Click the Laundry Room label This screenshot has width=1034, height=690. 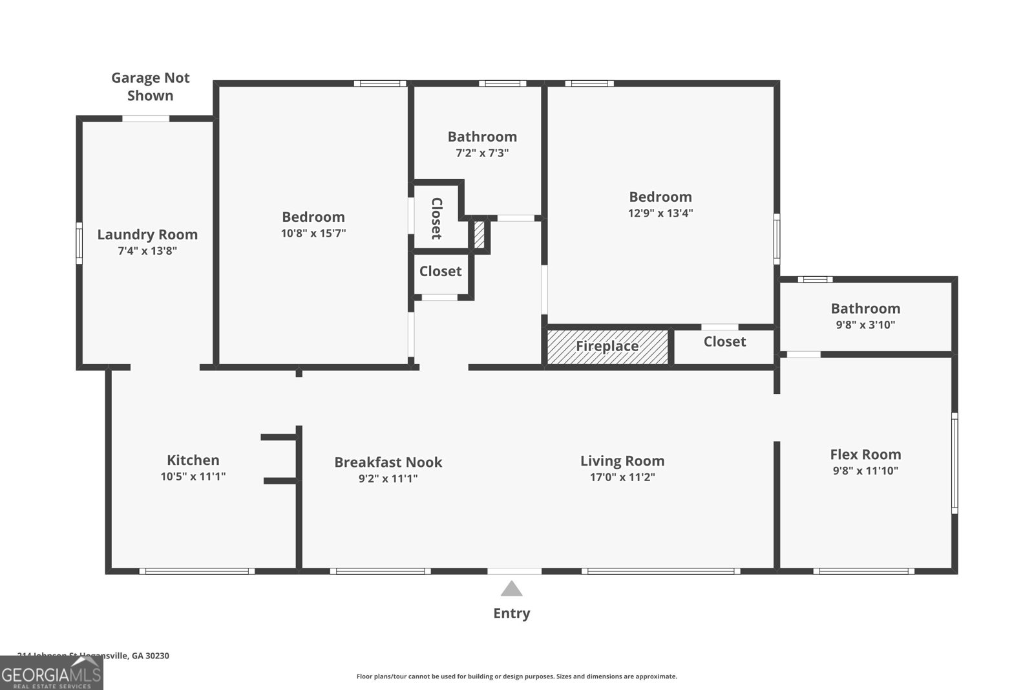click(147, 235)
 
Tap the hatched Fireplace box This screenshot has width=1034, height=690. click(607, 347)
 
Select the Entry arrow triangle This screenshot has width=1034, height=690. click(511, 588)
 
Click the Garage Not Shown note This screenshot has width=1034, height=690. click(150, 87)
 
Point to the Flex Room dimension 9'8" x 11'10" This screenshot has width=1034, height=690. click(865, 471)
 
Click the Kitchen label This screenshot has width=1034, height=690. click(193, 460)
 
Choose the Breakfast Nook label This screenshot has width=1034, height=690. click(388, 462)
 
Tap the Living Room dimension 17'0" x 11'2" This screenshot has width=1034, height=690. click(622, 477)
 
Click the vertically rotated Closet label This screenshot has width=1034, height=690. click(437, 219)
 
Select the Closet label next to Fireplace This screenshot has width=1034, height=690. click(724, 341)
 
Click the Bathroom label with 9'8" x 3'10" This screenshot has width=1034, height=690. click(865, 308)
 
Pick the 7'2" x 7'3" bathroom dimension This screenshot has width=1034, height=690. click(482, 153)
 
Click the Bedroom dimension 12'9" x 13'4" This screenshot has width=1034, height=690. click(660, 213)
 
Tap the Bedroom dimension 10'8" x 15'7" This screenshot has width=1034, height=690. click(313, 233)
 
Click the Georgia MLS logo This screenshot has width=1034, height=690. click(51, 673)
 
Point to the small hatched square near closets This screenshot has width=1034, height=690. click(480, 235)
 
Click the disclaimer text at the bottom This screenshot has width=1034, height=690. click(516, 676)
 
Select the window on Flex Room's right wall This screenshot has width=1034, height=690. click(955, 463)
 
